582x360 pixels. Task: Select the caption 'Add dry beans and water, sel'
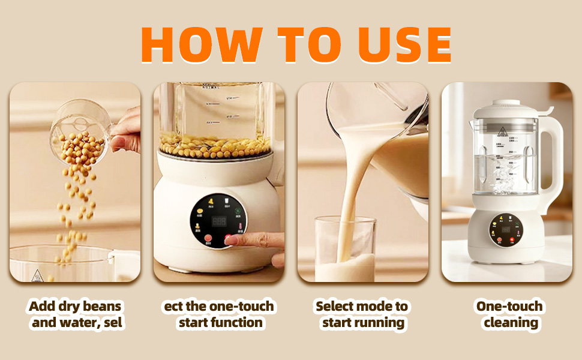click(76, 314)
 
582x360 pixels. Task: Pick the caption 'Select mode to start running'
click(362, 314)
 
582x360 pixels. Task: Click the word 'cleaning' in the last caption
click(511, 323)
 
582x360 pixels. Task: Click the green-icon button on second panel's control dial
click(238, 211)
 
